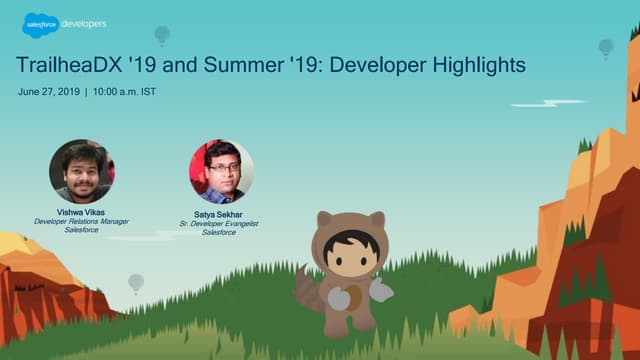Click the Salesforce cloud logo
[x=38, y=25]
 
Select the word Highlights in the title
[x=474, y=66]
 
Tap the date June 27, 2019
[x=48, y=92]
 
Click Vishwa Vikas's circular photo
[x=80, y=171]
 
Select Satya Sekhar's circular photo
[x=221, y=171]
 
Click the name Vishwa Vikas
[x=80, y=211]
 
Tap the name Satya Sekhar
[x=221, y=215]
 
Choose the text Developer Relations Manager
[x=80, y=221]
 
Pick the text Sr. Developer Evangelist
[x=221, y=224]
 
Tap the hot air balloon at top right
[x=605, y=47]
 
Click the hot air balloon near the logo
[x=161, y=35]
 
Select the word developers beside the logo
[x=84, y=23]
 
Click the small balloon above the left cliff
[x=135, y=283]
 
